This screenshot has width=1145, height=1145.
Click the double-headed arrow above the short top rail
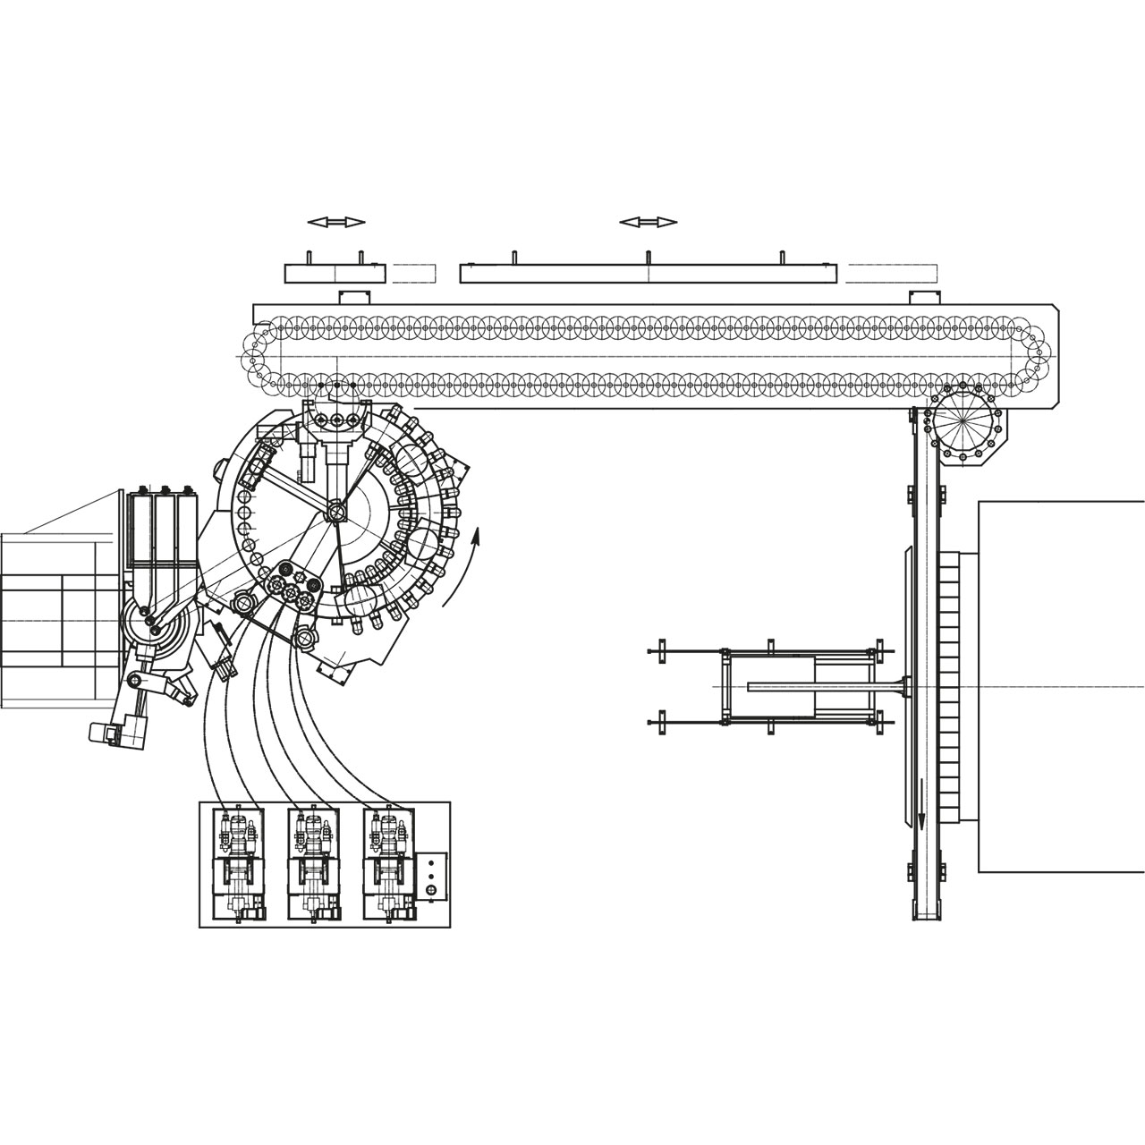(335, 222)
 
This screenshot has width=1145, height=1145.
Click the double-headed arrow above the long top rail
(649, 222)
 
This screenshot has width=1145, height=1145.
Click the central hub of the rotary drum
(336, 511)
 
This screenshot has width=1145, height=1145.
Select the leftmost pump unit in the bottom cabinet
(237, 864)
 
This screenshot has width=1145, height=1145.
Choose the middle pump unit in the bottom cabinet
(312, 864)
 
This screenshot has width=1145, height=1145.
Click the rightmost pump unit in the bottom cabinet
(388, 864)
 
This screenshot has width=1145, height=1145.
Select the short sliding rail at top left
(335, 273)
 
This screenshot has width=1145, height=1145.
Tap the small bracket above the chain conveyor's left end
(354, 297)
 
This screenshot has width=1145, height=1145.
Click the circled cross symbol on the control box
(432, 890)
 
